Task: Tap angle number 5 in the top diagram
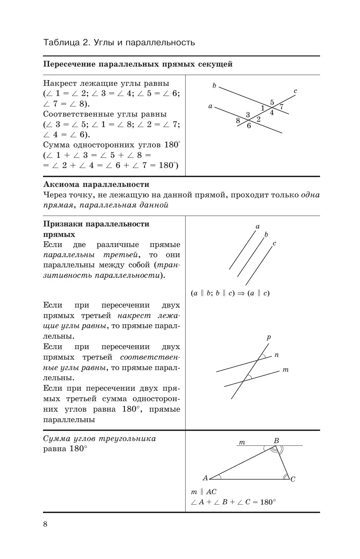(x=272, y=102)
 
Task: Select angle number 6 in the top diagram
(x=249, y=126)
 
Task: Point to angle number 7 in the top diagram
(x=281, y=106)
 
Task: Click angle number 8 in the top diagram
(x=238, y=120)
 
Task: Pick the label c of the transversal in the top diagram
(x=295, y=91)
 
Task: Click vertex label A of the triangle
(x=205, y=478)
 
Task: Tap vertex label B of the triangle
(x=276, y=440)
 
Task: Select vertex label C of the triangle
(x=293, y=479)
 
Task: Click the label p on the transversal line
(x=269, y=337)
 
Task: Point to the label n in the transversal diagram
(x=277, y=355)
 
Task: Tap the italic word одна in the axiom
(x=310, y=195)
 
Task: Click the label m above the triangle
(x=242, y=442)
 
